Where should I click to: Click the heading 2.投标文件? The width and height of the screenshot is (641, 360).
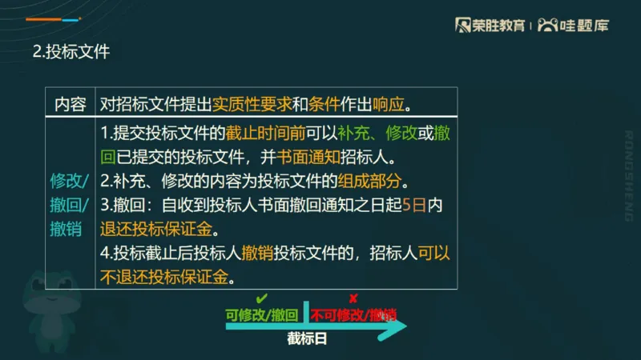71,52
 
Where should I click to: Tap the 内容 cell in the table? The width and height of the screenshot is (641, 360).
70,104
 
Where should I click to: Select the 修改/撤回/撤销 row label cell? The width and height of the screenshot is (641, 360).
70,203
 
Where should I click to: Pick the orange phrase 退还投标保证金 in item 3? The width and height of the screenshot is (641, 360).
155,229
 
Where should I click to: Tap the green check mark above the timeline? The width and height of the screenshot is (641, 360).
261,299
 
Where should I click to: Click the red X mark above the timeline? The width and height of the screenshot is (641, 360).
353,299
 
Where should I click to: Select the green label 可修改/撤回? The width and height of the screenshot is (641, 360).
262,314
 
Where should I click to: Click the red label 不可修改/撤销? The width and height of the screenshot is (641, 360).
353,314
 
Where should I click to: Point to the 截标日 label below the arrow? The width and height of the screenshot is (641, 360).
308,338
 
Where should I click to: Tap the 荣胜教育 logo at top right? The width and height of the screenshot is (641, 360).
490,25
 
